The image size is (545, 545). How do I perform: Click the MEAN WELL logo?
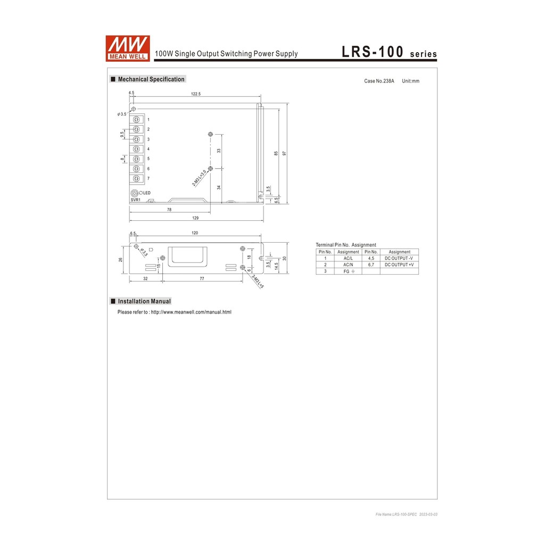click(128, 48)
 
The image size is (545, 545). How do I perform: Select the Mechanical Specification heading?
click(151, 79)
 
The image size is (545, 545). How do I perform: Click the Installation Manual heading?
click(144, 301)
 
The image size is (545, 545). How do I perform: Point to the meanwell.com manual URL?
click(191, 312)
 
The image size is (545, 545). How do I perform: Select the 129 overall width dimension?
click(195, 218)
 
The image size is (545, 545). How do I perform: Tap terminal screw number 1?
click(137, 119)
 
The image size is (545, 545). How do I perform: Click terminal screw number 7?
click(137, 178)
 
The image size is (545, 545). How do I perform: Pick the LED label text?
click(146, 193)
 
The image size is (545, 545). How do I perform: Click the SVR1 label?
click(135, 200)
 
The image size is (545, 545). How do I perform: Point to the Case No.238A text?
click(379, 81)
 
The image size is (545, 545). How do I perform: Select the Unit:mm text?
click(410, 81)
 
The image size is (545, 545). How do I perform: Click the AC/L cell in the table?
click(348, 258)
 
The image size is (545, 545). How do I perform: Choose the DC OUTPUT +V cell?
click(399, 265)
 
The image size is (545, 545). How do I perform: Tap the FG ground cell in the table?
click(348, 271)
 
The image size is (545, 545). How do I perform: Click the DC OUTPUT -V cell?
click(399, 258)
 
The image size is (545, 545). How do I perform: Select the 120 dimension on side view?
click(195, 233)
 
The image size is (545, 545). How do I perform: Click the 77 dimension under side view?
click(202, 278)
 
